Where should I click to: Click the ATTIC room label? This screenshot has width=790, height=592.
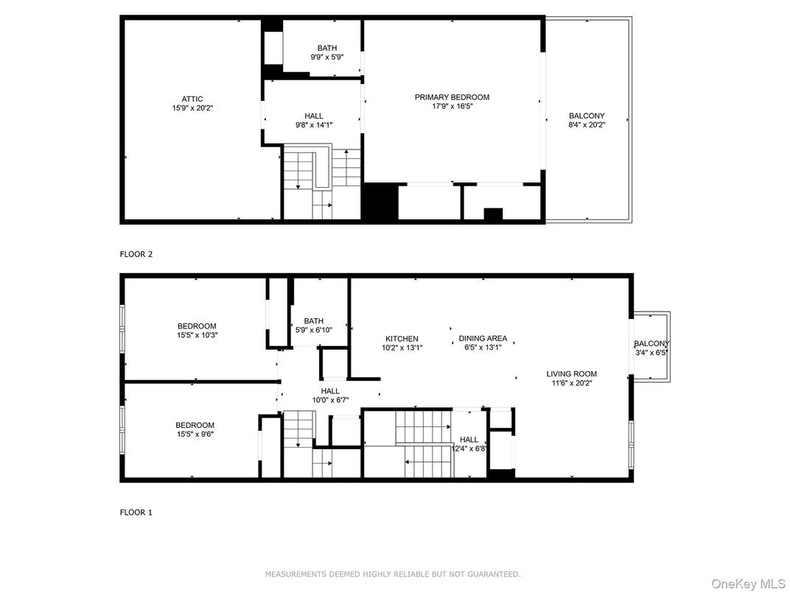tap(192, 99)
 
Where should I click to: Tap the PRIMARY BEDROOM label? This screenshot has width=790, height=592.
tap(452, 97)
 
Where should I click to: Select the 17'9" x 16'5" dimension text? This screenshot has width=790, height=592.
tap(452, 106)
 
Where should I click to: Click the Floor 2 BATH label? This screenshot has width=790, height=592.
tap(327, 49)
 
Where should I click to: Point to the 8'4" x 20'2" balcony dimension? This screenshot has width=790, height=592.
tap(587, 125)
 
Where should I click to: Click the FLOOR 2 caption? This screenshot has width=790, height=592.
tap(136, 254)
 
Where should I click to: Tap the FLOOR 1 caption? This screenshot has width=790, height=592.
tap(136, 512)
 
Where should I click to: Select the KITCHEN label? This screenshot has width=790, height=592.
tap(402, 339)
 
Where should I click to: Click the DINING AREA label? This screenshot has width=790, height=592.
tap(483, 338)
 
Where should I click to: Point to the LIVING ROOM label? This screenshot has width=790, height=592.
tap(572, 373)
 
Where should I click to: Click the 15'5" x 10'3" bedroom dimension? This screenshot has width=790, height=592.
tap(197, 335)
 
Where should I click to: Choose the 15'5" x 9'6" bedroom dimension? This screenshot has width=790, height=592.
tap(195, 434)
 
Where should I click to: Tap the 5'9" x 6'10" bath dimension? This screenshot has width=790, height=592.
tap(313, 330)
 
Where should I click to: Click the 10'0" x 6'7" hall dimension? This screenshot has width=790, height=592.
tap(330, 401)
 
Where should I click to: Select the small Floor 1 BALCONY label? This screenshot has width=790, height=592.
tap(652, 344)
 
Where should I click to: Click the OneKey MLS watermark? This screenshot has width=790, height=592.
tap(748, 583)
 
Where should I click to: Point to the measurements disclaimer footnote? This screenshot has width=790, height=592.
tap(393, 574)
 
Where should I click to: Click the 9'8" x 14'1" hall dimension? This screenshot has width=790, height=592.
tap(314, 125)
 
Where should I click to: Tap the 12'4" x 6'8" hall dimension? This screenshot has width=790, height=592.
tap(469, 448)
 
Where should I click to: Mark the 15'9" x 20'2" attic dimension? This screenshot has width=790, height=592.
tap(192, 108)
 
